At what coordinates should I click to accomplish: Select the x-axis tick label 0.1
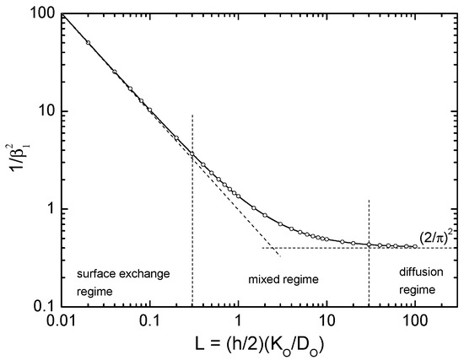coord(149,321)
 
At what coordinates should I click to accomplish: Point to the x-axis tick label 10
coord(326,321)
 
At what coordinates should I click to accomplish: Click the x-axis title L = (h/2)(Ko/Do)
coord(238,344)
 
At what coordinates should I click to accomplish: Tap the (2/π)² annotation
coord(437,237)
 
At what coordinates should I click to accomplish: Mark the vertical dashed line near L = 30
coord(369,270)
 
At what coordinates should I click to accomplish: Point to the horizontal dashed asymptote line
coord(337,248)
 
